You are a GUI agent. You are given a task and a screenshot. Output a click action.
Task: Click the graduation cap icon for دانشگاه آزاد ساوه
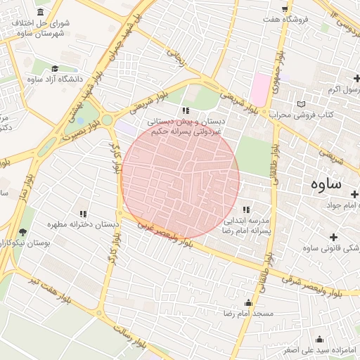pyautogui.click(x=55, y=68)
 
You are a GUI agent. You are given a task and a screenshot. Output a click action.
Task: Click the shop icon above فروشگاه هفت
pyautogui.click(x=284, y=8)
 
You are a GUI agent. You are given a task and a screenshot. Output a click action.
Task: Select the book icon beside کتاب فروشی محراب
pyautogui.click(x=302, y=104)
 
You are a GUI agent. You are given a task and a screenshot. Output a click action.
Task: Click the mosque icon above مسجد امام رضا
pyautogui.click(x=247, y=303)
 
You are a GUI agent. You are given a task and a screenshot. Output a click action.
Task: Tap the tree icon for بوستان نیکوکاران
pyautogui.click(x=23, y=232)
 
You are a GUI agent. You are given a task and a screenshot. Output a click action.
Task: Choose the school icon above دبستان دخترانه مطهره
pyautogui.click(x=83, y=214)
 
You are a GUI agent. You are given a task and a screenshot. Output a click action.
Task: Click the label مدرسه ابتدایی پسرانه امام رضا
pyautogui.click(x=247, y=225)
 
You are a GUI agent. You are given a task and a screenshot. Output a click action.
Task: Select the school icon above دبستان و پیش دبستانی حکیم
pyautogui.click(x=186, y=110)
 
